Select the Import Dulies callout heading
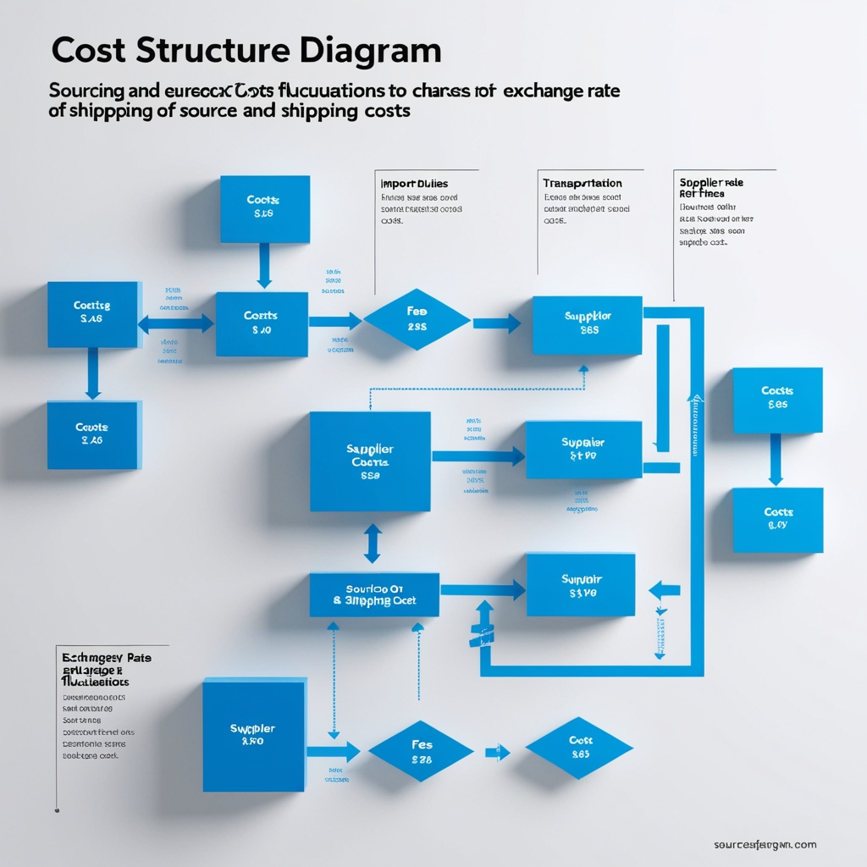click(x=415, y=184)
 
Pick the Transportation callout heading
click(x=582, y=183)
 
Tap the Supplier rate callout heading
click(x=711, y=182)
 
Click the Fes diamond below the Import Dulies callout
click(x=417, y=319)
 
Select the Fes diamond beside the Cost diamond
click(x=421, y=751)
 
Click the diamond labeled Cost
click(x=579, y=747)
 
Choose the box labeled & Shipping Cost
click(x=374, y=594)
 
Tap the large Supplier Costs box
click(x=370, y=461)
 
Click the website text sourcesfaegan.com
click(x=765, y=844)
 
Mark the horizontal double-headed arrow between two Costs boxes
click(x=176, y=323)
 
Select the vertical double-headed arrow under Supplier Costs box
click(x=372, y=543)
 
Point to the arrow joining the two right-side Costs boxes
click(x=776, y=460)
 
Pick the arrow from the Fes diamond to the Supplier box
click(x=497, y=323)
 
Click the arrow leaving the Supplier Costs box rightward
click(x=478, y=456)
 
